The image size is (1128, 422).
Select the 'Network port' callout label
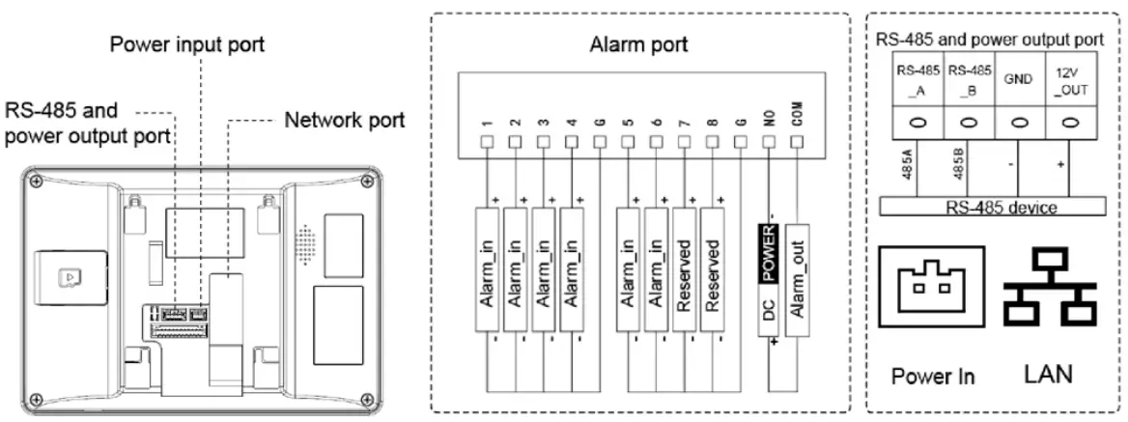tap(344, 121)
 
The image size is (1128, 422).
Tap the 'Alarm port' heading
tap(638, 44)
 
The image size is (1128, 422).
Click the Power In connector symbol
tap(931, 290)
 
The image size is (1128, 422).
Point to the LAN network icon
tap(1049, 289)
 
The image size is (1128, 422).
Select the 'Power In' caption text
tap(933, 376)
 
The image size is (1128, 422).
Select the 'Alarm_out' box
tap(797, 280)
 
